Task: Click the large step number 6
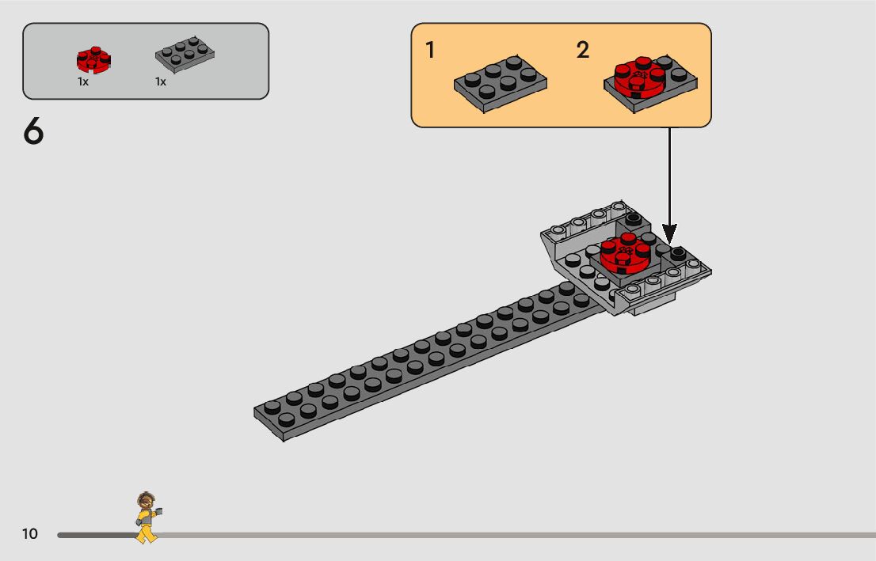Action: point(33,132)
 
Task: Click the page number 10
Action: point(29,534)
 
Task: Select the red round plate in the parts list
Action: point(93,59)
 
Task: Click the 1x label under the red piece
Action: point(83,82)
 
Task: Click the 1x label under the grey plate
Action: point(161,82)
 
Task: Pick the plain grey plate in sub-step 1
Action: point(501,81)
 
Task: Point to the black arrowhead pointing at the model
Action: point(669,234)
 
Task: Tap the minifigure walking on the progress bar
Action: point(147,517)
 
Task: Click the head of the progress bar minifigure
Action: point(145,500)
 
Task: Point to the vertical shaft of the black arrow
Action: point(669,174)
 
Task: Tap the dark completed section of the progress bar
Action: point(95,535)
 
